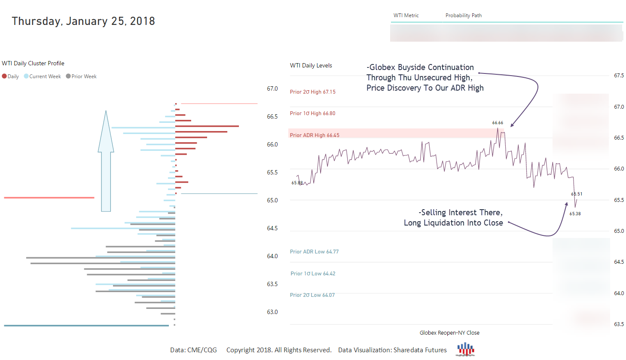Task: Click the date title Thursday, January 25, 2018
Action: pyautogui.click(x=83, y=21)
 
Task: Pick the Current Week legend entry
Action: pyautogui.click(x=43, y=76)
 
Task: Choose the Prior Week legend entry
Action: pyautogui.click(x=81, y=76)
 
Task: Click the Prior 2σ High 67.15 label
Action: pyautogui.click(x=312, y=92)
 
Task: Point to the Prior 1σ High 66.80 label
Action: pyautogui.click(x=312, y=113)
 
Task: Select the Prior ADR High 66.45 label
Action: pyautogui.click(x=315, y=135)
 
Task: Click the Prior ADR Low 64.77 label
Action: pyautogui.click(x=314, y=252)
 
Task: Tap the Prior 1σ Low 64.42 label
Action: pyautogui.click(x=313, y=274)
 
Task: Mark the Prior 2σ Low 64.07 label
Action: pyautogui.click(x=312, y=295)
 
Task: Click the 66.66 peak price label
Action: pyautogui.click(x=498, y=123)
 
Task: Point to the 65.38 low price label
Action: pyautogui.click(x=575, y=214)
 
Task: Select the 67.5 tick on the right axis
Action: pyautogui.click(x=619, y=76)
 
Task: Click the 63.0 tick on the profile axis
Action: pyautogui.click(x=272, y=312)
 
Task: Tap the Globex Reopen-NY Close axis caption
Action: pyautogui.click(x=449, y=333)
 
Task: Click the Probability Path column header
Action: pyautogui.click(x=463, y=15)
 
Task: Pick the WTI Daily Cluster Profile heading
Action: pyautogui.click(x=33, y=63)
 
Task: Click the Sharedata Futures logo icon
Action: pyautogui.click(x=465, y=349)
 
